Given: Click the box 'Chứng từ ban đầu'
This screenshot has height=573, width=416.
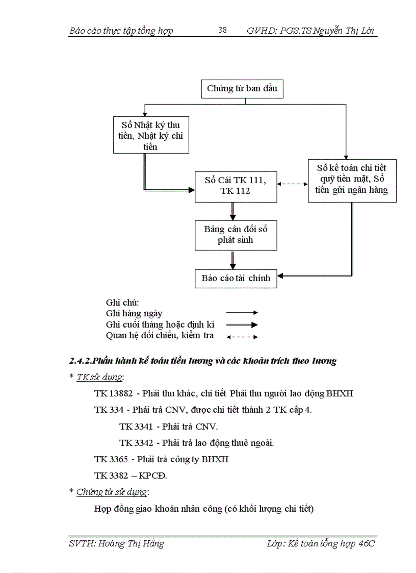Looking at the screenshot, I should tap(242, 89).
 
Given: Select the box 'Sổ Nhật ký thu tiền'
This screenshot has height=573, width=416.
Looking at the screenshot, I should tap(151, 135).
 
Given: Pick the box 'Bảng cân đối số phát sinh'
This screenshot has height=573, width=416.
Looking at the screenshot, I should tap(236, 235).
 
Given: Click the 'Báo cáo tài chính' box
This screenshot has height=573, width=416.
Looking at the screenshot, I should tap(236, 278).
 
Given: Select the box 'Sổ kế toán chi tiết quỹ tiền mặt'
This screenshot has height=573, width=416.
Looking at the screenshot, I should tap(352, 180).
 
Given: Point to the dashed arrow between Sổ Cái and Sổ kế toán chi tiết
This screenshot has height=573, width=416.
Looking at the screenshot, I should tap(293, 184).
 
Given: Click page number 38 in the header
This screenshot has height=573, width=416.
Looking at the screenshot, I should tap(223, 30).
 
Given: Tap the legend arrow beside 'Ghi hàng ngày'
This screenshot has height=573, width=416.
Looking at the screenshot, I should tap(242, 313).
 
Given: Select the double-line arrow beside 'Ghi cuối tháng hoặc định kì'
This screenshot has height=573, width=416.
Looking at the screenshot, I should tap(242, 325).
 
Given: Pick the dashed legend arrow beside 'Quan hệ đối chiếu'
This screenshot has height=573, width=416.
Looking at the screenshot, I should tap(242, 336).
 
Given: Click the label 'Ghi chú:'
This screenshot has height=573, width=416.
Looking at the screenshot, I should tap(122, 303).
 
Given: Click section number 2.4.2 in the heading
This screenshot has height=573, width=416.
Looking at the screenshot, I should tap(80, 361).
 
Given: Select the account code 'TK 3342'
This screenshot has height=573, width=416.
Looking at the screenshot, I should tap(136, 443).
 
